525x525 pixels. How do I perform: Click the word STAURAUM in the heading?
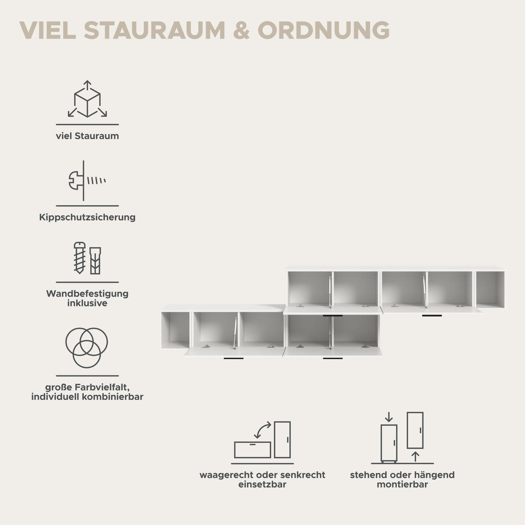coord(154,30)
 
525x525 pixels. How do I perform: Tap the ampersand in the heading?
coord(241,30)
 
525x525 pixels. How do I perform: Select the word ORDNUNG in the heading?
coord(324,30)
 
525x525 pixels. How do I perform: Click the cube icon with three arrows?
coord(87,99)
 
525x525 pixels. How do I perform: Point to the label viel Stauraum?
coord(87,136)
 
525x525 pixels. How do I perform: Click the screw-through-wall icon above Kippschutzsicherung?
coord(87,181)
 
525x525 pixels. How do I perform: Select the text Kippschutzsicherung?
coord(87,217)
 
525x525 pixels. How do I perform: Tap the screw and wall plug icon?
coord(87,258)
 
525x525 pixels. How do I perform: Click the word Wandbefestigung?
coord(87,294)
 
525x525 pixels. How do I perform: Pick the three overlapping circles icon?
coord(87,348)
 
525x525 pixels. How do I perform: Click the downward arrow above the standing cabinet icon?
coord(389,417)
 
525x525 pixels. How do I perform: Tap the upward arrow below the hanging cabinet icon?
coord(415,457)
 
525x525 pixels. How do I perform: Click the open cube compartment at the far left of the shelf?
coord(175,330)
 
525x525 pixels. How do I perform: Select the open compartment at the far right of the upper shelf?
coord(490,290)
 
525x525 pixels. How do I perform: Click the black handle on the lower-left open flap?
coord(234,359)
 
